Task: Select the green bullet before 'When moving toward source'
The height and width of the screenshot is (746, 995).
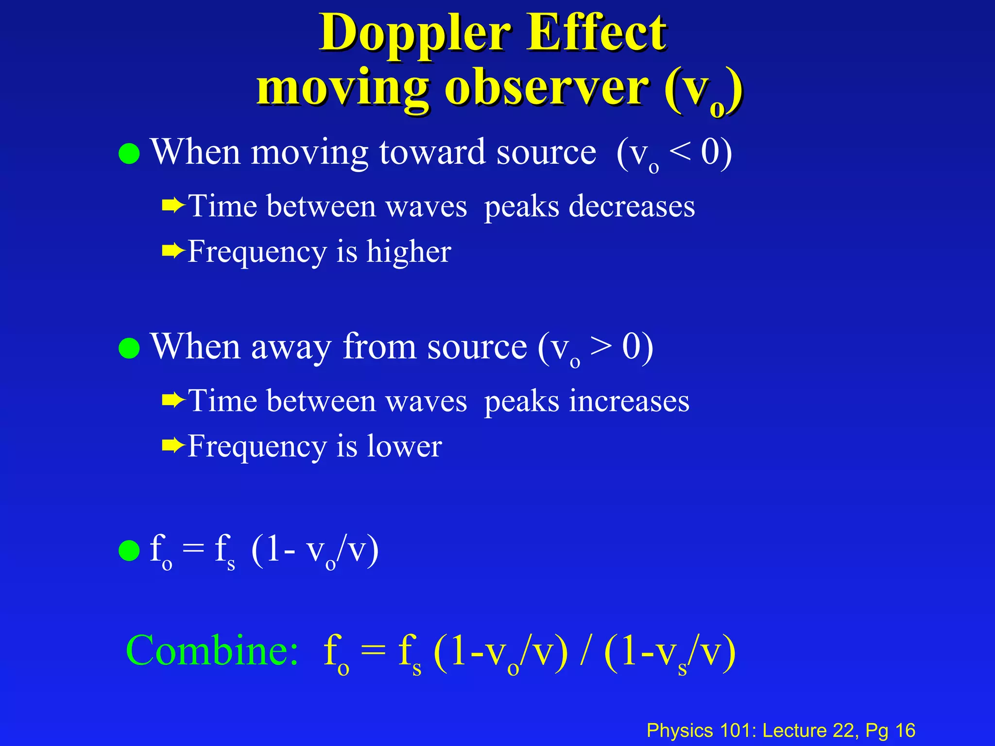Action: [x=129, y=154]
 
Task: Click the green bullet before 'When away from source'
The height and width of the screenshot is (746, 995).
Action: [x=129, y=348]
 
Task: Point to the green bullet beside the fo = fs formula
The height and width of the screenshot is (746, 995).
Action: [x=129, y=551]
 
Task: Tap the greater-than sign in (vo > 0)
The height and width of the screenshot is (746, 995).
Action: [x=601, y=347]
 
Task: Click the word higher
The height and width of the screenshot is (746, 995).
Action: [x=409, y=252]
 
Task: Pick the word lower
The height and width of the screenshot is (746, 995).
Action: [x=404, y=446]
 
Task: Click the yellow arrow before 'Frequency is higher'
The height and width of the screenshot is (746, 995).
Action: [x=173, y=251]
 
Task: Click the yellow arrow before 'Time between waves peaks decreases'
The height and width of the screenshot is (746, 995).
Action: [x=173, y=206]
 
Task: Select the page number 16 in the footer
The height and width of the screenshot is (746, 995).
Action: [x=905, y=730]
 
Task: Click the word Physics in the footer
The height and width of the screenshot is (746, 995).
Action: [x=680, y=730]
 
